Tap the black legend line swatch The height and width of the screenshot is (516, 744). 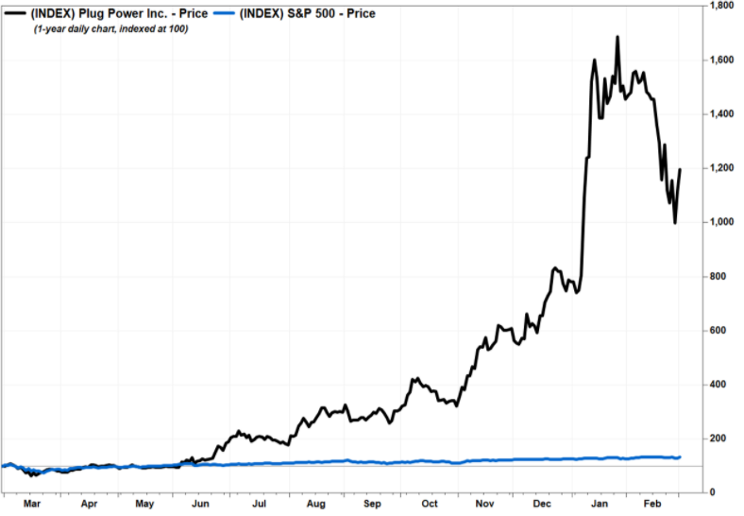16,14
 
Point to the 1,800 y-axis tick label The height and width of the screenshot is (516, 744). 720,6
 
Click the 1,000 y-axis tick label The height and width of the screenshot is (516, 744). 720,222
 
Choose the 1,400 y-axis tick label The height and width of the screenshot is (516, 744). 720,113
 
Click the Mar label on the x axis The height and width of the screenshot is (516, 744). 31,505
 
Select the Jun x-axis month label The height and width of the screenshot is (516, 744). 201,505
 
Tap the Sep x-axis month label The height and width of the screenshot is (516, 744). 372,505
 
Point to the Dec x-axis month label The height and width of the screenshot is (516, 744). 543,505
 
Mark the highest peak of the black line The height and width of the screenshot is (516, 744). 617,38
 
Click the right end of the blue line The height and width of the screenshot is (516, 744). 680,456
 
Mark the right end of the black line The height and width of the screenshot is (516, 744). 680,170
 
